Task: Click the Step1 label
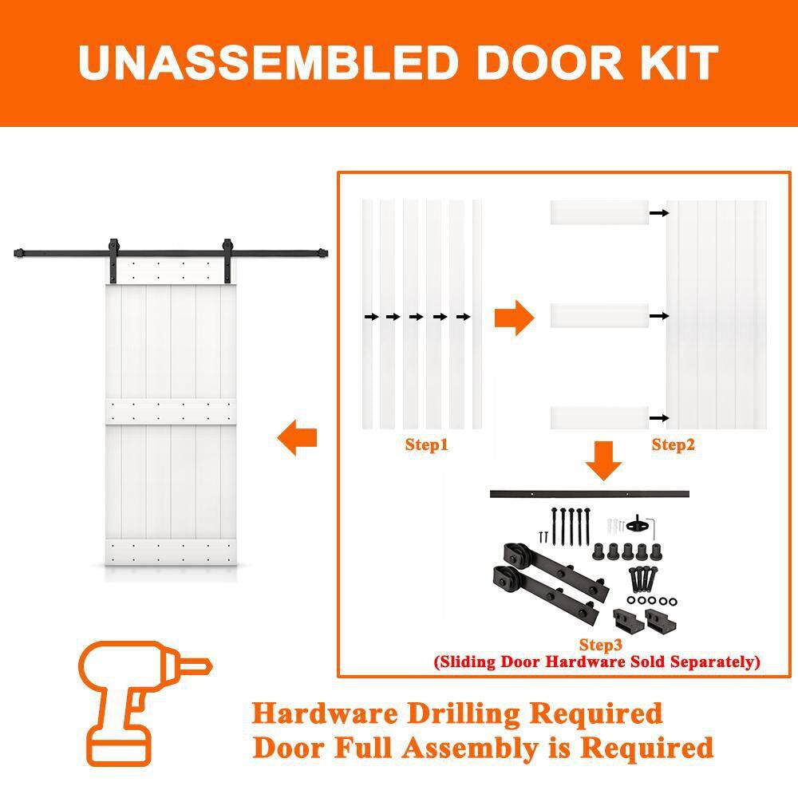(x=426, y=445)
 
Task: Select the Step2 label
(x=673, y=445)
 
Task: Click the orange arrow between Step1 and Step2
(x=514, y=318)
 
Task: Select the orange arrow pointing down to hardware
(x=604, y=462)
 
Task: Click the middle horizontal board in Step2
(x=599, y=315)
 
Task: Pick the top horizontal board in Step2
(x=599, y=213)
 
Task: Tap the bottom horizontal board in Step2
(x=599, y=417)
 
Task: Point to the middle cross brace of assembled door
(x=171, y=411)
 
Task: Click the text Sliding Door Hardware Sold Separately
(x=597, y=662)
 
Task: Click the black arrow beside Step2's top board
(x=658, y=213)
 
